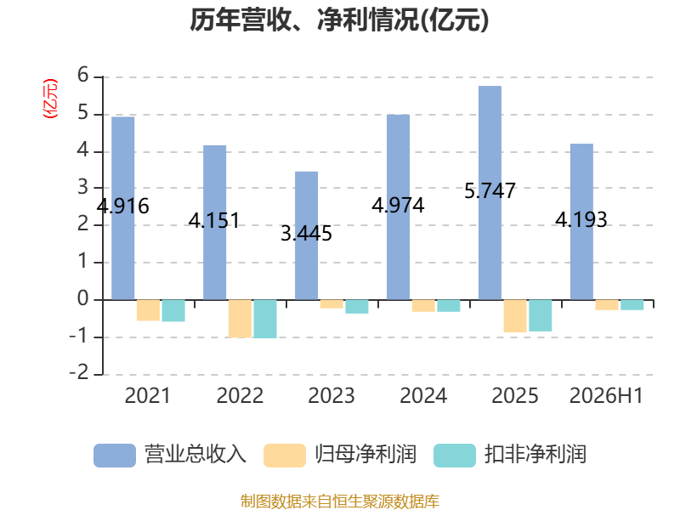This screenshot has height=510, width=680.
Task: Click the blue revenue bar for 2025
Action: (490, 193)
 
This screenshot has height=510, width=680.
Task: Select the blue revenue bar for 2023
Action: (306, 235)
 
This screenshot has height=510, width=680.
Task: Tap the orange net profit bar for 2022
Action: (240, 318)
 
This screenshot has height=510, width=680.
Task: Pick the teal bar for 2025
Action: (540, 315)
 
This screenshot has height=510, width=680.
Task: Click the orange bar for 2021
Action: (148, 310)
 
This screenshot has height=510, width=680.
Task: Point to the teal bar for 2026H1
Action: (632, 305)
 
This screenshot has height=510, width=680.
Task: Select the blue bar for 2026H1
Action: (581, 222)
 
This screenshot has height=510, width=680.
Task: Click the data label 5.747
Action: (490, 190)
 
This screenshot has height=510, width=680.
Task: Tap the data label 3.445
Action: (306, 234)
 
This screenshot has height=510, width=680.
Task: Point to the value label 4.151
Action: (214, 221)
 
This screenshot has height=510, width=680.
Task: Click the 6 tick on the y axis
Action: (82, 75)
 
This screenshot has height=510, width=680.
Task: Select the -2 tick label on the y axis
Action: (79, 372)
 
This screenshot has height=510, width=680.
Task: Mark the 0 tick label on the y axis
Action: (82, 298)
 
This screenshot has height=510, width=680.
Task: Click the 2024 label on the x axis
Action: (423, 395)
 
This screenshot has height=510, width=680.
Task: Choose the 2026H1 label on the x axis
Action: (606, 395)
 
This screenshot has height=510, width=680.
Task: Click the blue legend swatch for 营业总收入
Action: (115, 456)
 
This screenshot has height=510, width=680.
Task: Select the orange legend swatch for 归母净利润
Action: (285, 456)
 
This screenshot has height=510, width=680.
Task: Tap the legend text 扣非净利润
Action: (535, 455)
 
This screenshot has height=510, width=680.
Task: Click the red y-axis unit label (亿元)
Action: (50, 99)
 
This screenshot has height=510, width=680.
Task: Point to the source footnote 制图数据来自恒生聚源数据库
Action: (340, 501)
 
